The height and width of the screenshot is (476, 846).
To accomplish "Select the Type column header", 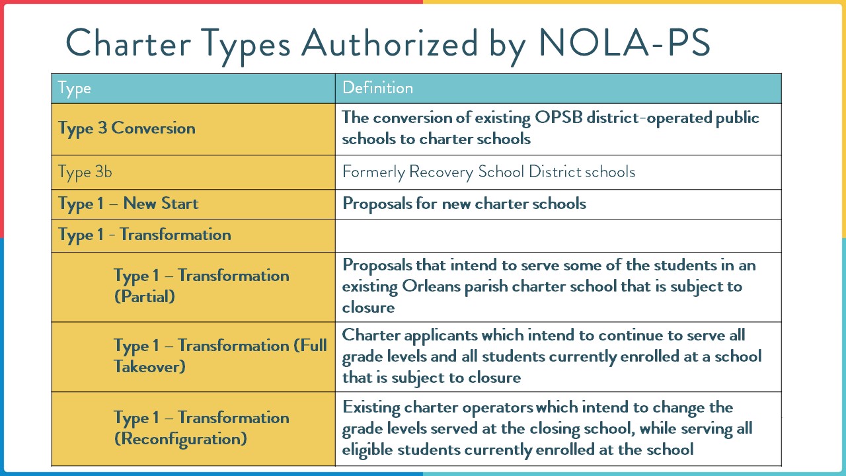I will (x=74, y=88).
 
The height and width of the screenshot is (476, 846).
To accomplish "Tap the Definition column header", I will (x=377, y=88).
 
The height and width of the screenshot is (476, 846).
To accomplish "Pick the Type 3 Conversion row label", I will (x=127, y=128).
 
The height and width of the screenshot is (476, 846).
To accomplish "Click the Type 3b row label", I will (x=85, y=172).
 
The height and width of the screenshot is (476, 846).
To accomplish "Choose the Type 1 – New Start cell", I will (x=128, y=204).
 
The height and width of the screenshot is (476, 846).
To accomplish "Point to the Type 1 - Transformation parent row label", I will (x=145, y=235).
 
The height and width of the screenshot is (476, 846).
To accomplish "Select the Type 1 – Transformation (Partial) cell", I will (x=201, y=286).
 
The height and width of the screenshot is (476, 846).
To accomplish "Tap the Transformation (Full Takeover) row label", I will (x=220, y=356).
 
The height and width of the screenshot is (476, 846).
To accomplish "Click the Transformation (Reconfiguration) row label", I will (x=201, y=428).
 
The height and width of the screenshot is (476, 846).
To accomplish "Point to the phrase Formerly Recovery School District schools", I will (x=488, y=172).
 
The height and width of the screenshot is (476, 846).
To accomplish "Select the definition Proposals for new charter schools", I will (x=464, y=204).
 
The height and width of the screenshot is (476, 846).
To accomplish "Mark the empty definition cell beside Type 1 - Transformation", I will (x=558, y=235).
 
